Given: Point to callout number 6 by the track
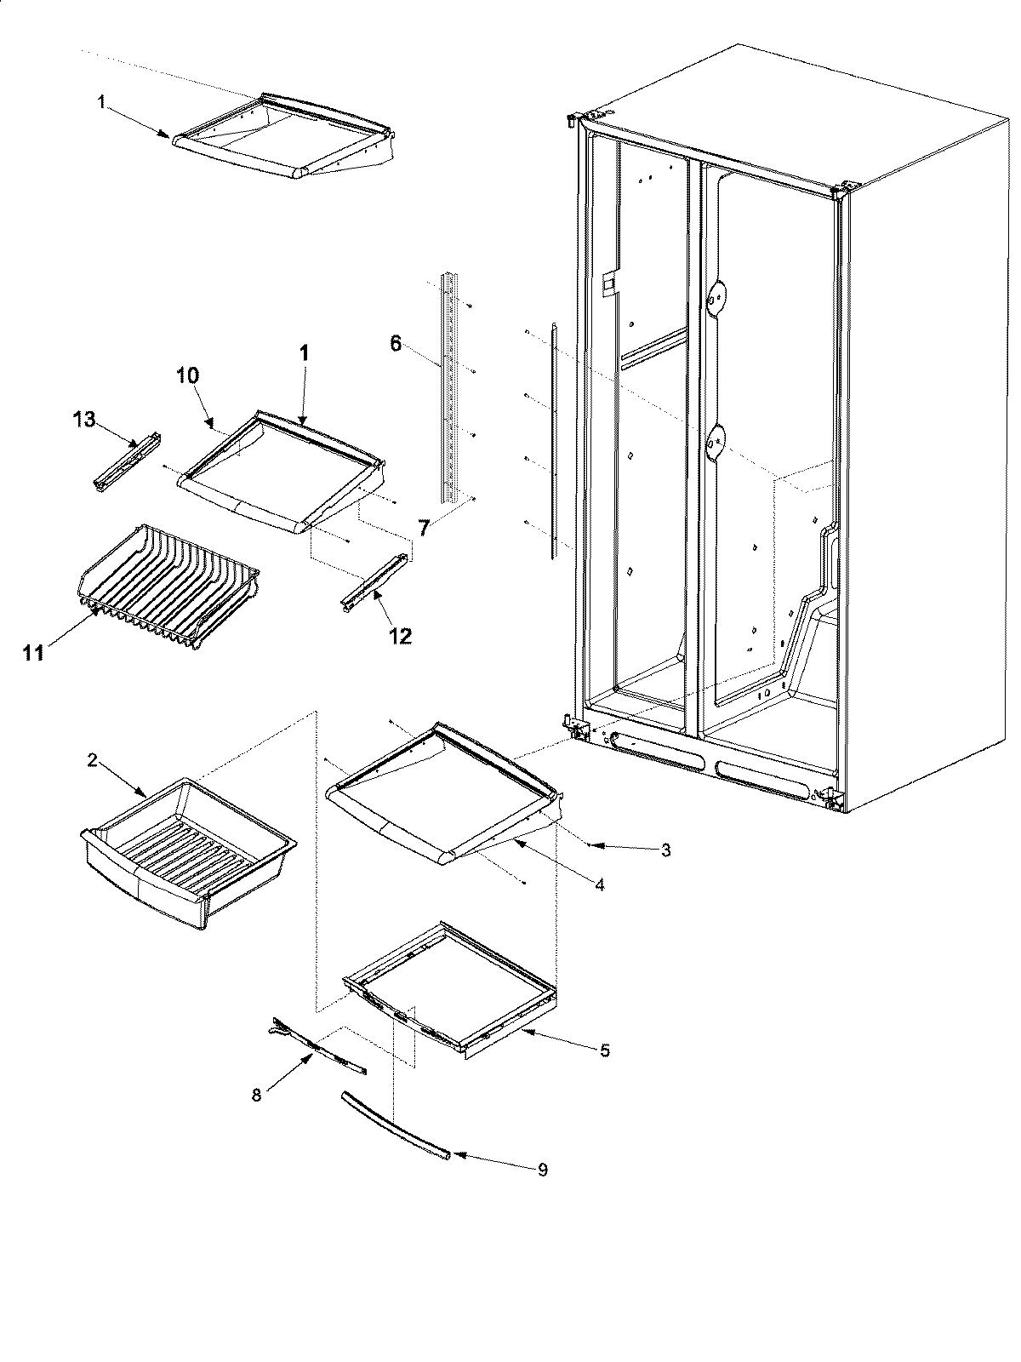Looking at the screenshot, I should [x=396, y=344].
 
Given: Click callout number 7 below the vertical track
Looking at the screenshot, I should [x=423, y=528].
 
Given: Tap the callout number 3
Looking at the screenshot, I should [x=665, y=850].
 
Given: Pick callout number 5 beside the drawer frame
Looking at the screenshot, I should [x=604, y=1050].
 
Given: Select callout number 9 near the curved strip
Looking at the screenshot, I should [x=542, y=1170].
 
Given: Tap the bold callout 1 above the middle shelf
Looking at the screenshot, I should [x=303, y=352].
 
